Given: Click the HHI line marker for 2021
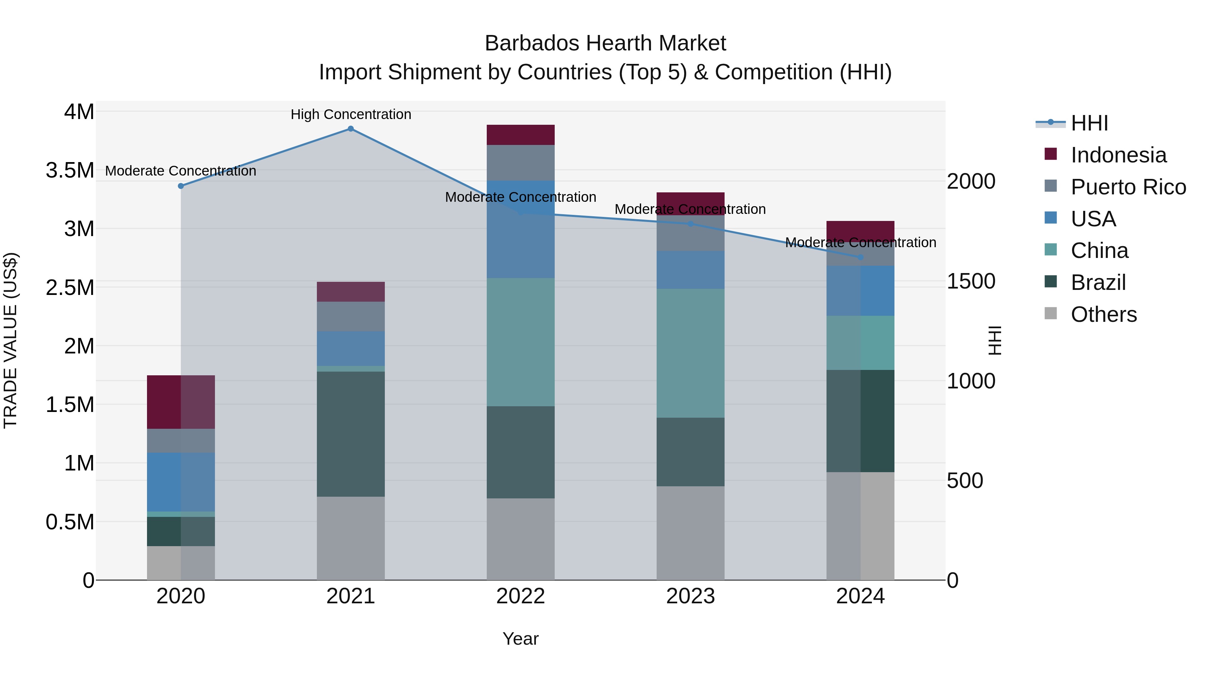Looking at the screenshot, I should (351, 129).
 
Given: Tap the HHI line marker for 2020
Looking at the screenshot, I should (181, 186).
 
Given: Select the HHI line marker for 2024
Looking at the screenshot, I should (860, 258).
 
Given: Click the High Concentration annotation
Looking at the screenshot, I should (351, 114).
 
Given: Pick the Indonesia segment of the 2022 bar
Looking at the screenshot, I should (520, 135).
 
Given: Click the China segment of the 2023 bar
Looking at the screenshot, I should (690, 353).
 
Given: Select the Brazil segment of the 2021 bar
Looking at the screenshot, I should (351, 434).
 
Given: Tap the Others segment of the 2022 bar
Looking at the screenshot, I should (520, 539).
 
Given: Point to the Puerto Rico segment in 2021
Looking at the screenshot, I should (351, 316).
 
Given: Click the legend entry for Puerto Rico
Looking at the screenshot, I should (1128, 187).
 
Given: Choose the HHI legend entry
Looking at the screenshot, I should (1089, 123).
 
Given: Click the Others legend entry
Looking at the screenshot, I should (1103, 314).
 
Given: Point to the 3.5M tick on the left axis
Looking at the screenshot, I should (70, 170).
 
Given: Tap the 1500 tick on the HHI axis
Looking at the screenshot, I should (971, 281).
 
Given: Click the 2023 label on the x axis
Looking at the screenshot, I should (690, 596).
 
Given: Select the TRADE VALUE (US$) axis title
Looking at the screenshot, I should (11, 340).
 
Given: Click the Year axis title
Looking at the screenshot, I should (520, 639).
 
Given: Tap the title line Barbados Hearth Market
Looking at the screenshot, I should (605, 43).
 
